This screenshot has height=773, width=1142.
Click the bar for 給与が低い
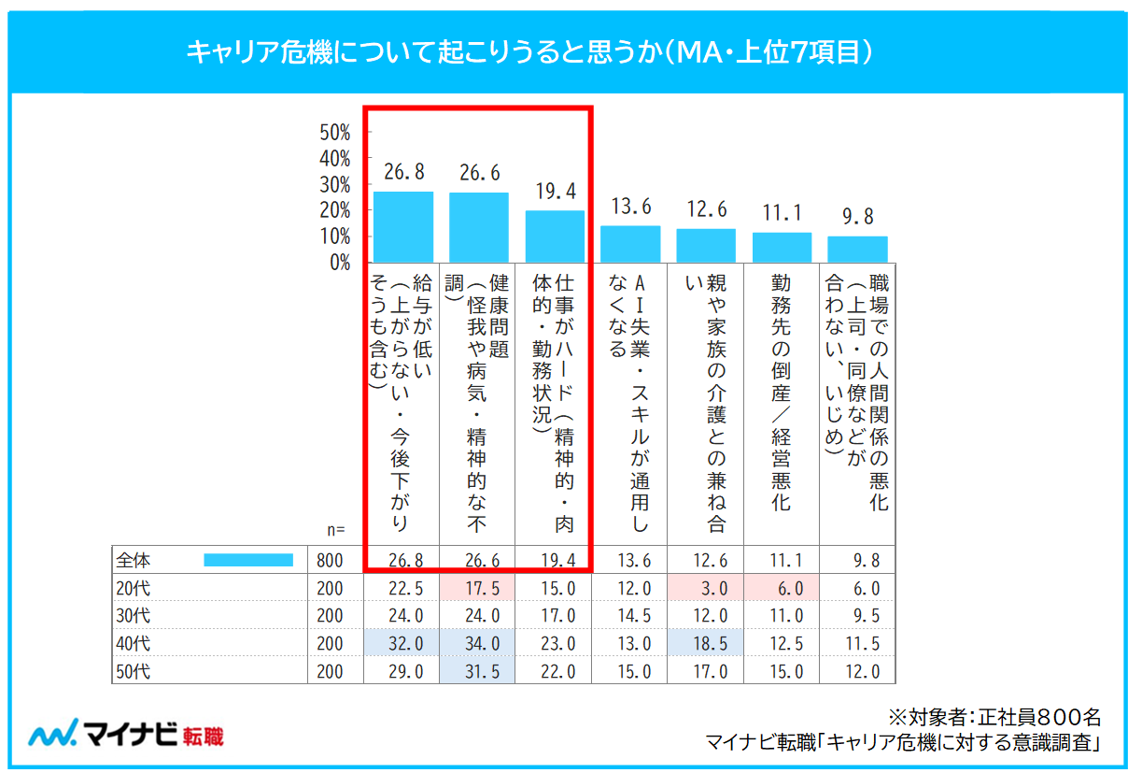click(403, 227)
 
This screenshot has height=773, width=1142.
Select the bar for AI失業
click(630, 244)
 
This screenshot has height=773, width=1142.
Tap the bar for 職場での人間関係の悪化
click(857, 249)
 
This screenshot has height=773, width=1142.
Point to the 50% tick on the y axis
click(334, 132)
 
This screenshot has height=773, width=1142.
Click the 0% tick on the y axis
click(339, 262)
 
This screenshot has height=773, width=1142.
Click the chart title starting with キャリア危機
click(529, 52)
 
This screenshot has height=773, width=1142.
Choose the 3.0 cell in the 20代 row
click(706, 588)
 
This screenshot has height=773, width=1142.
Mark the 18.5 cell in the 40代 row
click(706, 643)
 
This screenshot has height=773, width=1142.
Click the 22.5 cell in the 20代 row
click(403, 588)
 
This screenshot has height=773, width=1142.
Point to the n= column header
click(336, 530)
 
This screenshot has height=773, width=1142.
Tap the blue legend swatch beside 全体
click(248, 560)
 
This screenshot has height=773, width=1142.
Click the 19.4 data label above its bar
click(556, 192)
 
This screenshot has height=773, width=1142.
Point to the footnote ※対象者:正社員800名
click(994, 717)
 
